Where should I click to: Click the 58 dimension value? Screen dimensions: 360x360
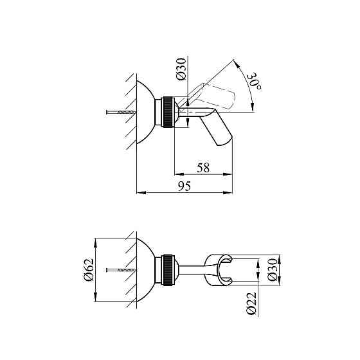203,168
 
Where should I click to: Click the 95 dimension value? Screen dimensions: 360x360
184,186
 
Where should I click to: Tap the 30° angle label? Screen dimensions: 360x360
255,82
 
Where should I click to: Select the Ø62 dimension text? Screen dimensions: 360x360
89,270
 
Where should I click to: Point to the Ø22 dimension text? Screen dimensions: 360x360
251,303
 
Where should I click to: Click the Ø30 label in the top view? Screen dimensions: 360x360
181,69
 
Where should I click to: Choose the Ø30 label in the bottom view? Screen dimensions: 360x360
273,270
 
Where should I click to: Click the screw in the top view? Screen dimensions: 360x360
121,113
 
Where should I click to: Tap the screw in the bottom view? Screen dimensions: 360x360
121,270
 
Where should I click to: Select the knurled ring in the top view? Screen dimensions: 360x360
168,113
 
